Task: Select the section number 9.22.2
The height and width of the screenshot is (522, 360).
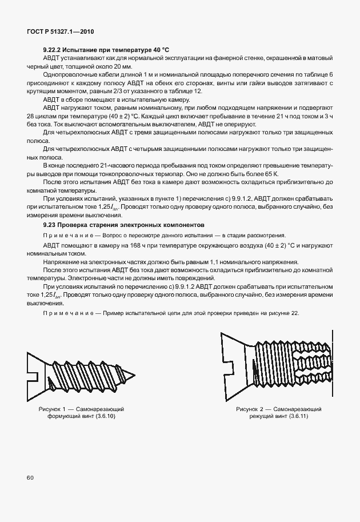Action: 53,50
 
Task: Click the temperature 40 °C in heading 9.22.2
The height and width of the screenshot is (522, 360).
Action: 158,50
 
